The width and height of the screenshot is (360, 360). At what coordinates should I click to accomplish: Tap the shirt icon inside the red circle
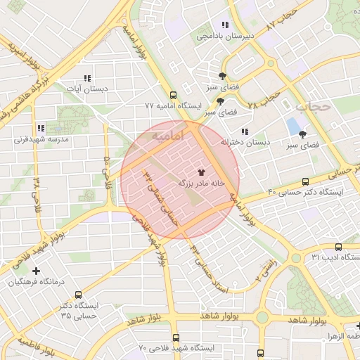(202, 171)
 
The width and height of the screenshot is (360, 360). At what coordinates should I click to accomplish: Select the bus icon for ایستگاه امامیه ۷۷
(173, 96)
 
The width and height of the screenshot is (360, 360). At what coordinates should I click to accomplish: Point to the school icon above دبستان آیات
(87, 79)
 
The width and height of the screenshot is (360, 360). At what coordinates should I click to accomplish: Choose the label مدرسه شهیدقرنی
(39, 139)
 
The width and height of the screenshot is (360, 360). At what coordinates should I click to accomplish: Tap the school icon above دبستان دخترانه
(244, 131)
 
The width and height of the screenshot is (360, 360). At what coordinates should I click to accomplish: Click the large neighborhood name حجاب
(312, 108)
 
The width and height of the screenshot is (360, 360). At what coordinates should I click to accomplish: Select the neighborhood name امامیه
(167, 134)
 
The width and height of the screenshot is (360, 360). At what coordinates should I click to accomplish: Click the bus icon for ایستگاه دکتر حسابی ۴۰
(304, 181)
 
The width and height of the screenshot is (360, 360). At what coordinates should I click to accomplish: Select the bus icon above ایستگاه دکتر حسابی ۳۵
(78, 295)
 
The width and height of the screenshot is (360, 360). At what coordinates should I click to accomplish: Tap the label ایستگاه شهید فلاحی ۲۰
(175, 348)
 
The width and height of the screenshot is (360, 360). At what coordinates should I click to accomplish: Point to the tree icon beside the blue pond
(303, 133)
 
